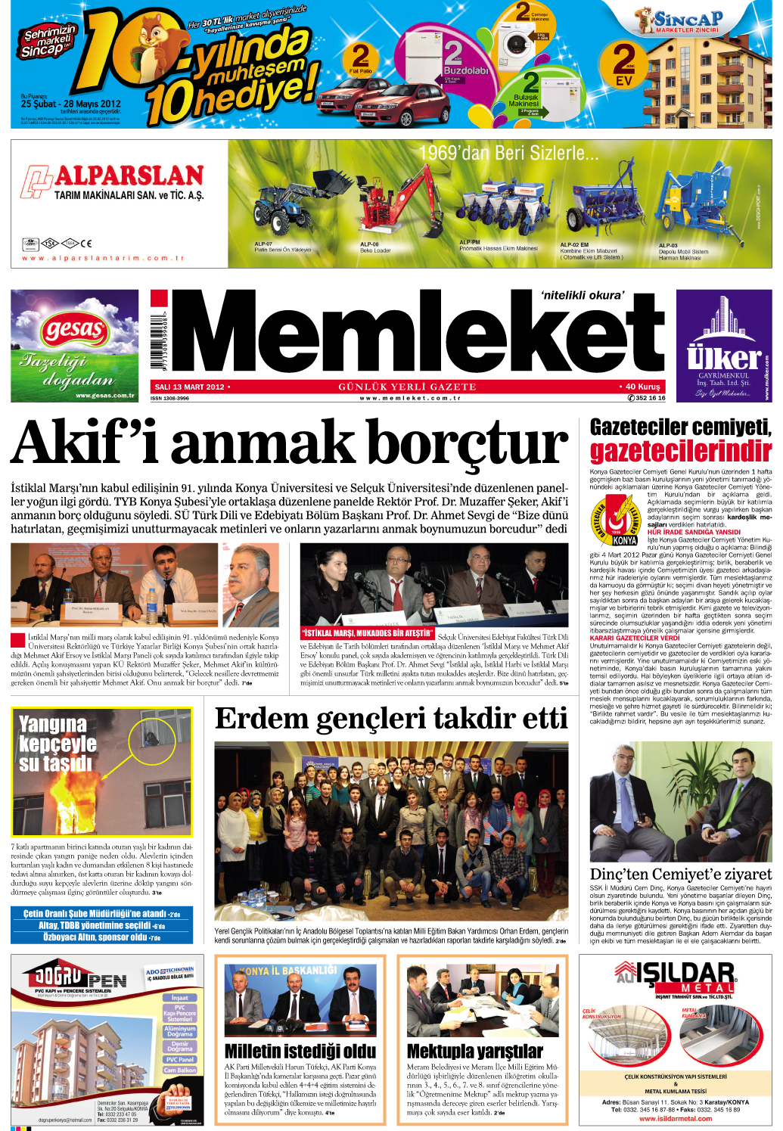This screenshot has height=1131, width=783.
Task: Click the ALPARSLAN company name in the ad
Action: [129, 176]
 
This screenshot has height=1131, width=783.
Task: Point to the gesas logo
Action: [74, 329]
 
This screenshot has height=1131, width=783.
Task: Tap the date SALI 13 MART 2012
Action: [189, 387]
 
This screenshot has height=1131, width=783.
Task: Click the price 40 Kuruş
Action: [641, 387]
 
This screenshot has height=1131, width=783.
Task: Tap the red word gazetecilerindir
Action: [680, 452]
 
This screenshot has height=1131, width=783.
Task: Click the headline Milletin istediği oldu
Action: [300, 1051]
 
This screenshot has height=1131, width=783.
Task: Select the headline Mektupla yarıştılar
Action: [474, 1051]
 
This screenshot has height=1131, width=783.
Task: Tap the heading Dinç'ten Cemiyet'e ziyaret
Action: [680, 874]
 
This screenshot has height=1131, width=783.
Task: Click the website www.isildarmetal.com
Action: [676, 1118]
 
